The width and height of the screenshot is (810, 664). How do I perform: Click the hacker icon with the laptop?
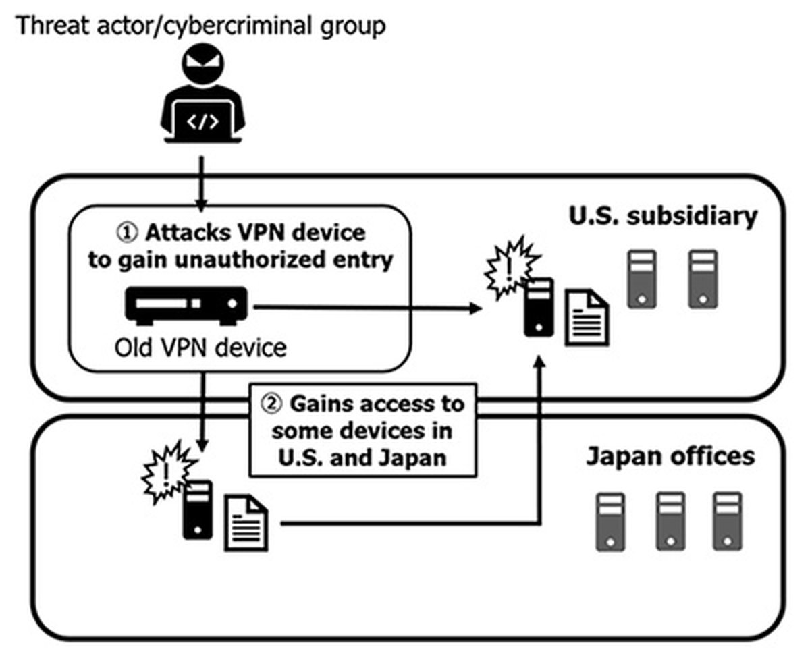(202, 94)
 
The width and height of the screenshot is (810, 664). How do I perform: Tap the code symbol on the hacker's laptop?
(202, 122)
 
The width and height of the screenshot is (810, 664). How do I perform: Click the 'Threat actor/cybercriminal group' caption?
(200, 26)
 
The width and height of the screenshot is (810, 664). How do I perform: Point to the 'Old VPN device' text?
(200, 348)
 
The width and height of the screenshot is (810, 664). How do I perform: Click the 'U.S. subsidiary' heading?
(663, 217)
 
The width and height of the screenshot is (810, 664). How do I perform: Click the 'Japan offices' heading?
(670, 456)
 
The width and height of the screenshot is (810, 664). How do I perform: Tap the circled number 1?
(127, 233)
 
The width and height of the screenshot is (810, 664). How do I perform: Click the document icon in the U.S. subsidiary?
(586, 317)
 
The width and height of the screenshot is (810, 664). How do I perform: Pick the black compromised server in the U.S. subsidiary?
(538, 307)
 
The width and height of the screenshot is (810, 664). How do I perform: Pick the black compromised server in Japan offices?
(197, 509)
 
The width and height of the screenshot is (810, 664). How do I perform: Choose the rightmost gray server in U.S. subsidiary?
(703, 279)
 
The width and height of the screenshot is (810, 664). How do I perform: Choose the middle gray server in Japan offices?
(670, 521)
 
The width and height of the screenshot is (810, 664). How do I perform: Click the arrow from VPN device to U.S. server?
(364, 308)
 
